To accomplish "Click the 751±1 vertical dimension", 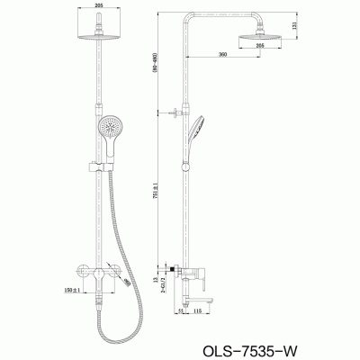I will click(157, 189).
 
